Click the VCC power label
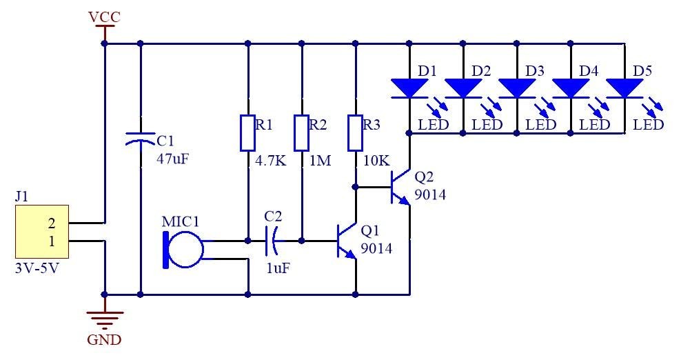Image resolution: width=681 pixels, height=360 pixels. click(104, 17)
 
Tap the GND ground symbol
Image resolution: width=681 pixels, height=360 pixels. click(104, 319)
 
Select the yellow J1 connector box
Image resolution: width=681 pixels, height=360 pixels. click(42, 232)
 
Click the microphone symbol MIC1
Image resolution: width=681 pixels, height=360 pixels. click(183, 250)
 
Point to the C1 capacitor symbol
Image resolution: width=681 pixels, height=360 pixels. click(140, 139)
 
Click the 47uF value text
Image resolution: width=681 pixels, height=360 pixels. click(173, 159)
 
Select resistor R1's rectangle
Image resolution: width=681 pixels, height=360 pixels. click(247, 133)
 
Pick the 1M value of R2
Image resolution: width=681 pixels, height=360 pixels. click(320, 161)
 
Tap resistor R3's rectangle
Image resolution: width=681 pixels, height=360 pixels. click(355, 133)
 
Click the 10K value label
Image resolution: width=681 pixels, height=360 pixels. click(376, 161)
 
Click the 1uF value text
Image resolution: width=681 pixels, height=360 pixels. click(278, 268)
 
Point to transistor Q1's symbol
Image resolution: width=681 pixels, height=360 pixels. click(347, 241)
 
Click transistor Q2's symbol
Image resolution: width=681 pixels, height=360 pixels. click(400, 187)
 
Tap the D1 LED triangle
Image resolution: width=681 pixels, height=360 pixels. click(409, 88)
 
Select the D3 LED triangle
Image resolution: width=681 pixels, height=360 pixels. click(517, 88)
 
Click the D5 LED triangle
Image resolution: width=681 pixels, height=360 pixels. click(624, 88)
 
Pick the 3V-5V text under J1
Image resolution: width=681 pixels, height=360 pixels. click(37, 268)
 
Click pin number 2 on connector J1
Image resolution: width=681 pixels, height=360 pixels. click(52, 223)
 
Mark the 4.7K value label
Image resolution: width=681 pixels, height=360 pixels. click(271, 161)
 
